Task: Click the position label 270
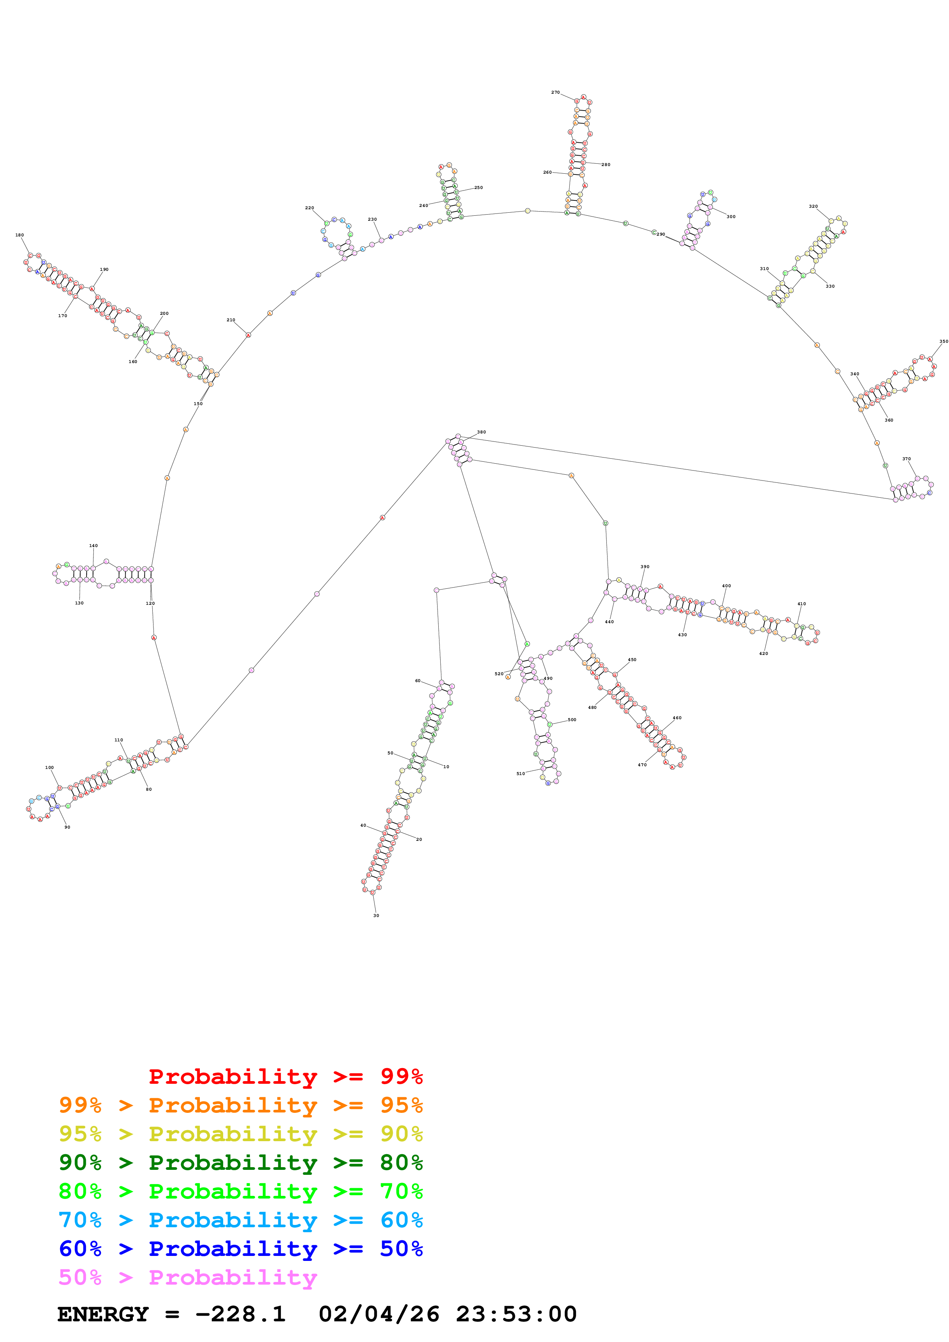pos(555,92)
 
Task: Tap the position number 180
pos(19,235)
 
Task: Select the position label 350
pos(943,341)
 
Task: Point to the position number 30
pos(376,915)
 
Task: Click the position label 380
pos(481,432)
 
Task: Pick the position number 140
pos(93,546)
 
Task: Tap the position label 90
pos(67,827)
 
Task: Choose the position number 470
pos(642,764)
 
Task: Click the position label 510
pos(520,773)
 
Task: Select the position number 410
pos(801,604)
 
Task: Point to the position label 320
pos(813,206)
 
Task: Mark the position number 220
pos(309,207)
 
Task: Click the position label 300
pos(731,216)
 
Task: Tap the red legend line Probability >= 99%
pos(285,1076)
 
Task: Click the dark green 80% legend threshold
pos(401,1163)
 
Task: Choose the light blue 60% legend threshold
pos(401,1220)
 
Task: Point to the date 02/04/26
pos(379,1314)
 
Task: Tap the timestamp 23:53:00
pos(516,1314)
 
